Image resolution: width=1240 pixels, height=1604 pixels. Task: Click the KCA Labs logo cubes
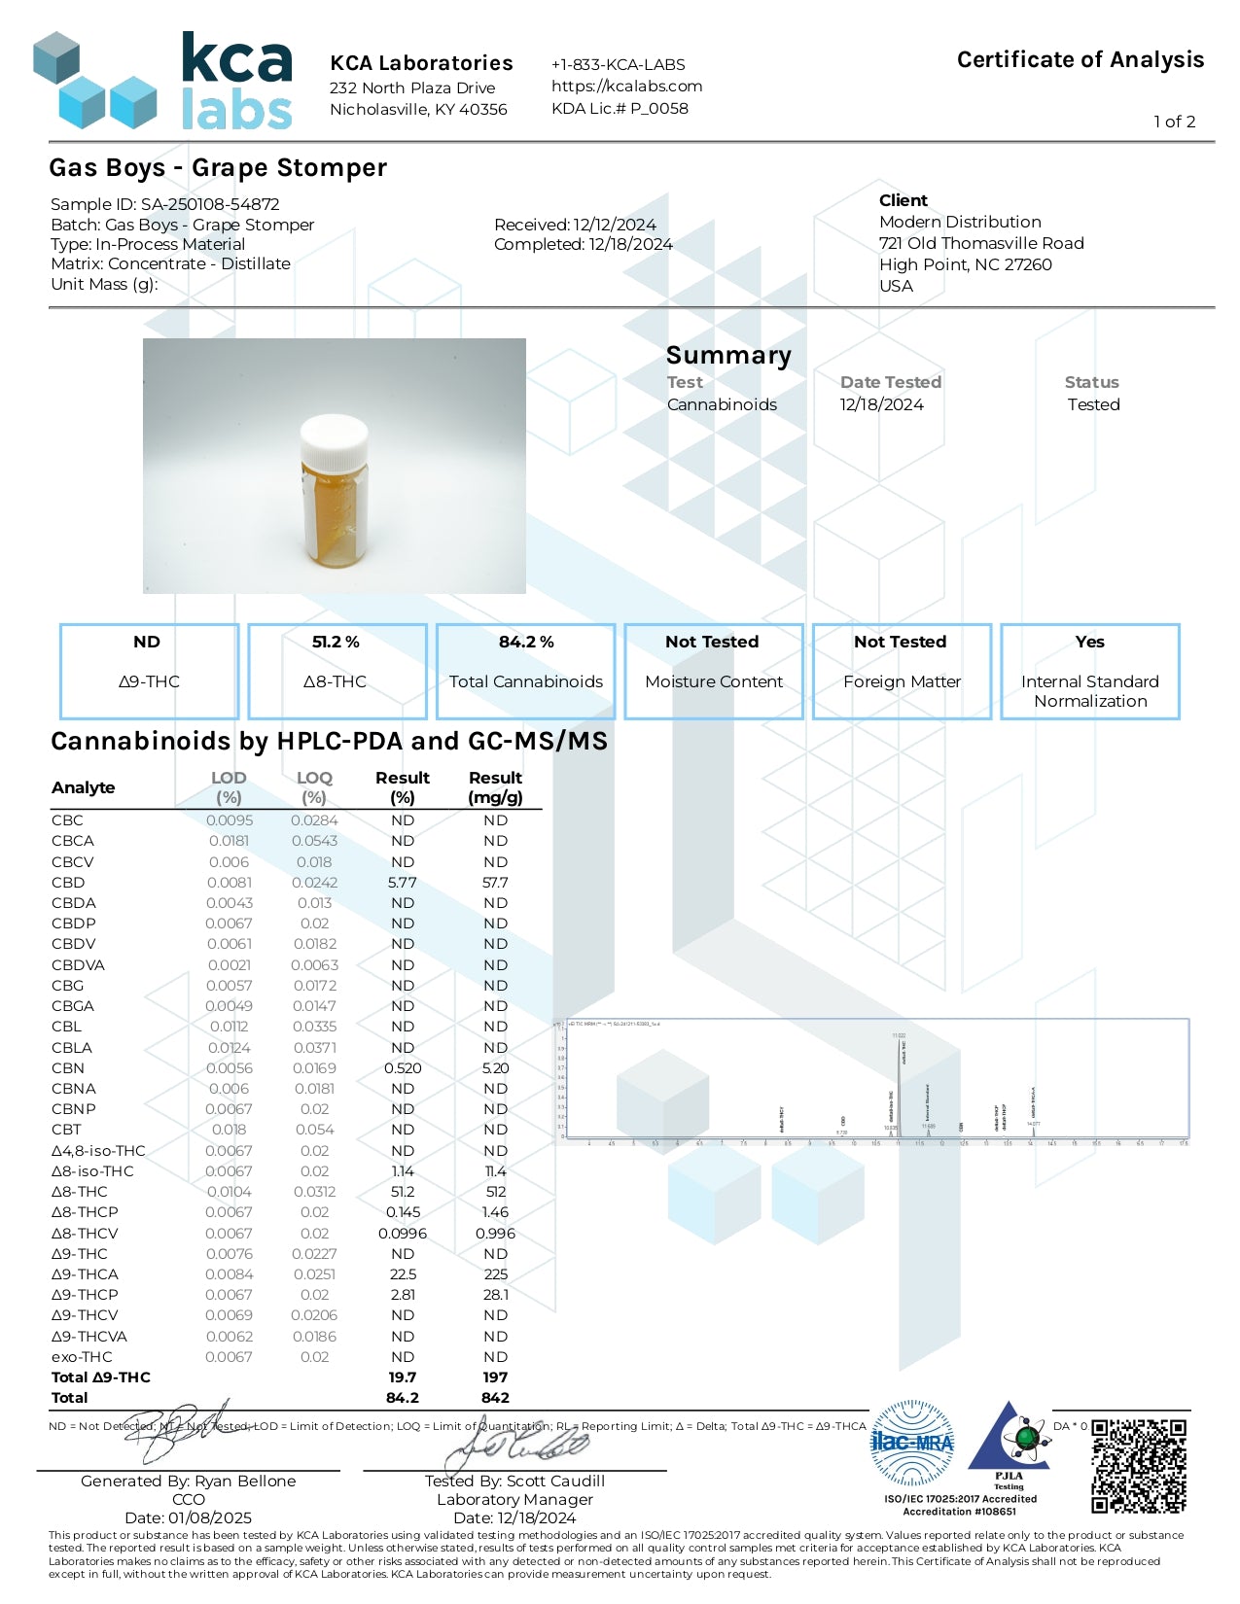click(94, 82)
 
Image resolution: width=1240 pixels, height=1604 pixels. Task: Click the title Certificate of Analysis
click(1080, 60)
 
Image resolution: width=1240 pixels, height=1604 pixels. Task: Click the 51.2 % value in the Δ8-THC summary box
click(336, 643)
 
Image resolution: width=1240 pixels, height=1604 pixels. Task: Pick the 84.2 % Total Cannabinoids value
click(526, 643)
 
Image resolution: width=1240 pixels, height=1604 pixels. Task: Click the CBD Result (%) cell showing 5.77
click(402, 883)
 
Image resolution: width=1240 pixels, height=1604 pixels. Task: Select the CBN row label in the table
click(66, 1068)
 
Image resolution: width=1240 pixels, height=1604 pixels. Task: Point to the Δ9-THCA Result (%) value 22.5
click(402, 1274)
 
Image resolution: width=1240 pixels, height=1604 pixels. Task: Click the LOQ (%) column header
click(314, 786)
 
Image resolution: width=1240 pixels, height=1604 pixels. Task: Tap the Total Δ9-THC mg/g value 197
click(495, 1377)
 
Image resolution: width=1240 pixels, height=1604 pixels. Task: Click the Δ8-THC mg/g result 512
click(495, 1192)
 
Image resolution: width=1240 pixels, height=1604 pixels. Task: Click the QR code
click(1138, 1465)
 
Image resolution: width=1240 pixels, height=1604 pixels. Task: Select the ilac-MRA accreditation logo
click(911, 1443)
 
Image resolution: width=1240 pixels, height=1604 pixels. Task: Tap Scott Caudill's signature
click(515, 1448)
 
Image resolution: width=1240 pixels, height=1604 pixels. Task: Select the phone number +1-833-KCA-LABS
click(618, 65)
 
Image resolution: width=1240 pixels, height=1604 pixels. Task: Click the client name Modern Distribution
click(959, 223)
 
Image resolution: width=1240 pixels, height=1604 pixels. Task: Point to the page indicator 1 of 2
click(1174, 122)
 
